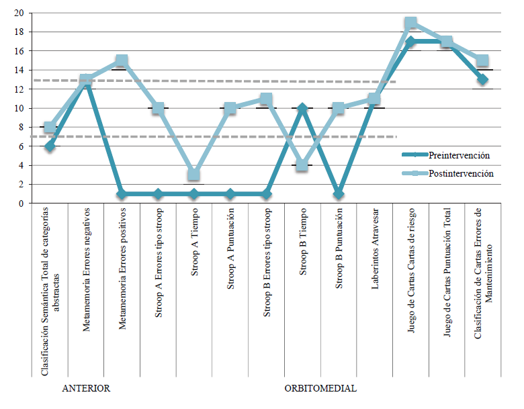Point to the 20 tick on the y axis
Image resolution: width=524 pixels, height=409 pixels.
(x=19, y=13)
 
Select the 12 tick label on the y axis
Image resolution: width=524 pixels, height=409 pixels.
(x=19, y=89)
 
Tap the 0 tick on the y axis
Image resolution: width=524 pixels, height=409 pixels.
(x=21, y=203)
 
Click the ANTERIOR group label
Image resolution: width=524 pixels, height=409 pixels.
(x=85, y=389)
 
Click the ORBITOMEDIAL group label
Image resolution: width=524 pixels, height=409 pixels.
(x=320, y=389)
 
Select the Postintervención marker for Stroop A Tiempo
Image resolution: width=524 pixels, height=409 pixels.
(x=193, y=175)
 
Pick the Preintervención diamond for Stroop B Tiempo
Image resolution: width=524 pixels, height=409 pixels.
(x=302, y=108)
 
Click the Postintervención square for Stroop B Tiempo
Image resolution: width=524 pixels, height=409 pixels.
(x=302, y=165)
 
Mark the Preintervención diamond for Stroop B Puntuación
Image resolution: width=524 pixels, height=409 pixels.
(x=339, y=194)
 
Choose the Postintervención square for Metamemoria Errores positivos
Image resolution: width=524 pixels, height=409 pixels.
(x=122, y=61)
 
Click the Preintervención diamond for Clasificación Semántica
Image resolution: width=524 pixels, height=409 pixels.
(x=49, y=146)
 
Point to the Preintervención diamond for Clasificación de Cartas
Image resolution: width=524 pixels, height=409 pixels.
(x=482, y=79)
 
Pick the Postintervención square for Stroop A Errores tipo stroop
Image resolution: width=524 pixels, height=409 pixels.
(x=158, y=108)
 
